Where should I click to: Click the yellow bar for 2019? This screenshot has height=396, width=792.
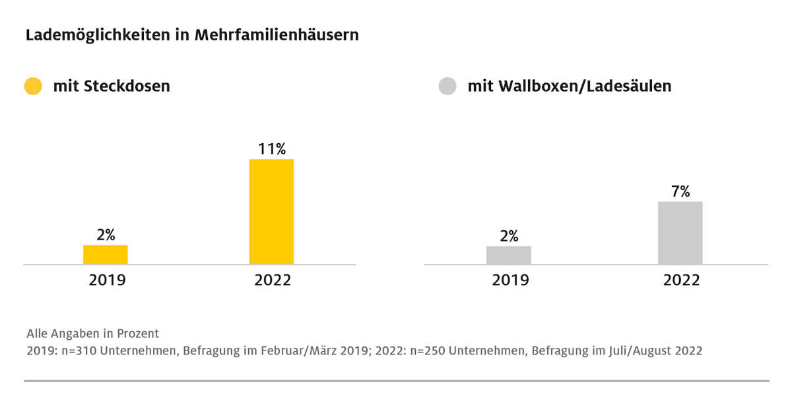click(x=106, y=255)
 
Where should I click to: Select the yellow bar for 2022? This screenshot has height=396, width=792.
click(x=271, y=212)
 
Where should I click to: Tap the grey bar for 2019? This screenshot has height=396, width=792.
click(x=509, y=255)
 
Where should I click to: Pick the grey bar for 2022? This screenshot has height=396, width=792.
click(x=680, y=233)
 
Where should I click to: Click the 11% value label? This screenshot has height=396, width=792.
click(x=271, y=149)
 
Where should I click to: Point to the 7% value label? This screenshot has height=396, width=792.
click(x=680, y=191)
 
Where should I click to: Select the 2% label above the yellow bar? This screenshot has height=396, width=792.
click(x=106, y=234)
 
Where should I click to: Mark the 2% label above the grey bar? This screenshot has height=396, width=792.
click(x=509, y=236)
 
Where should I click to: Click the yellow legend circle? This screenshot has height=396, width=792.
click(x=33, y=86)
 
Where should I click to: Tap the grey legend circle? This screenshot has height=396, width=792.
click(x=447, y=86)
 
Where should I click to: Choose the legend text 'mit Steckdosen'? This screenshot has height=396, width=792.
click(x=112, y=86)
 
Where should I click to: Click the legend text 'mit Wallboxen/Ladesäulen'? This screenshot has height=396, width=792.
click(x=569, y=86)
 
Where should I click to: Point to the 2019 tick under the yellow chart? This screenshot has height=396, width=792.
click(x=107, y=280)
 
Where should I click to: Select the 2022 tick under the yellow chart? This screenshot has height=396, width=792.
click(x=273, y=280)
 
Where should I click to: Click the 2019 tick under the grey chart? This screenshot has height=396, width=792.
click(x=510, y=280)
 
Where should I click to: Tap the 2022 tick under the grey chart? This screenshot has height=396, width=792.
click(x=681, y=280)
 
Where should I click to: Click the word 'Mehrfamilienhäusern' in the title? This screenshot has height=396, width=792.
click(x=277, y=35)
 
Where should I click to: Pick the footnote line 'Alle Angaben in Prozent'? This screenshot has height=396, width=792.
click(x=92, y=333)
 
